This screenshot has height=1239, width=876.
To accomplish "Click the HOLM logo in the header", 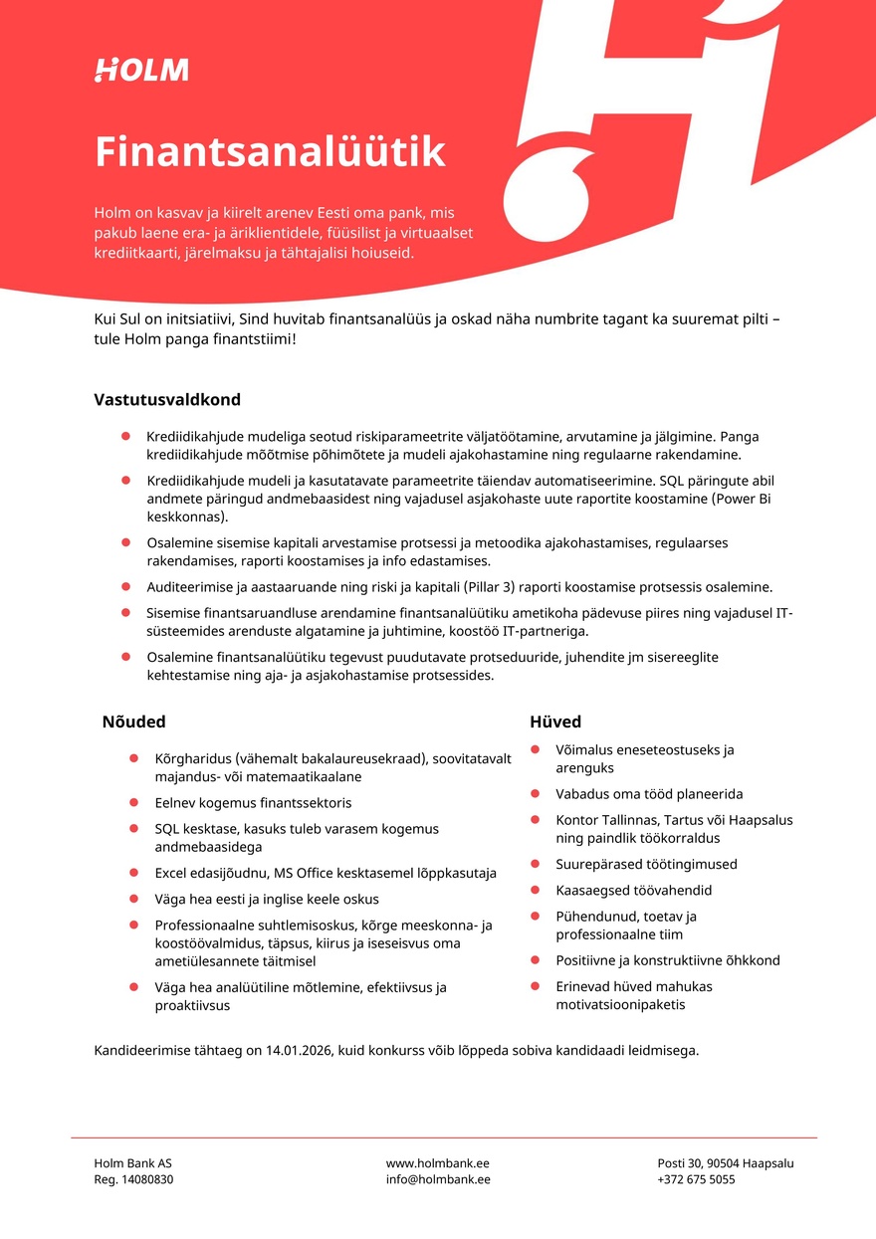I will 141,70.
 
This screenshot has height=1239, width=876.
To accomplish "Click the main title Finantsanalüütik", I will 270,152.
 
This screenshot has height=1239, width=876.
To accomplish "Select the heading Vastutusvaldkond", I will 167,400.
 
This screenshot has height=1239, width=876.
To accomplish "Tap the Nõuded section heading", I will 133,722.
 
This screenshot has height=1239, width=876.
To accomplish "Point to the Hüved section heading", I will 555,722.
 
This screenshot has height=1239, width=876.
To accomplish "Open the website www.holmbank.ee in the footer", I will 438,1162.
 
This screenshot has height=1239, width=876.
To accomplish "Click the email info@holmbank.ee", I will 438,1179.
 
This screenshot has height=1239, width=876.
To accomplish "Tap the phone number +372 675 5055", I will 696,1179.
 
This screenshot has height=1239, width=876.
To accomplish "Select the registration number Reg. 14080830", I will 133,1179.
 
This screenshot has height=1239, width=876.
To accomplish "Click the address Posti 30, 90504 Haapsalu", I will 725,1162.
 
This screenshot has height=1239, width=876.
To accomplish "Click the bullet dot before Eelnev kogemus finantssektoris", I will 133,802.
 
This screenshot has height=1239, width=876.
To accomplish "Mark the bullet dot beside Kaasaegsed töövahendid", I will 535,890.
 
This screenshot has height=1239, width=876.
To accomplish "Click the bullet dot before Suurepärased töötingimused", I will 535,864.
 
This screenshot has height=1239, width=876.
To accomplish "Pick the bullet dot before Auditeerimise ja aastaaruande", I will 125,587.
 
